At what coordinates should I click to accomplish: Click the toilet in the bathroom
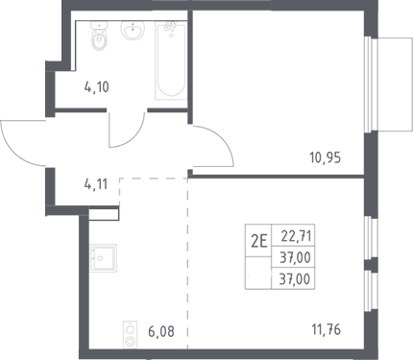(x=99, y=36)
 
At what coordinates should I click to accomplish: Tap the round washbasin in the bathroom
(x=134, y=30)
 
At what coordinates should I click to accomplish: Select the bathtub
(x=171, y=60)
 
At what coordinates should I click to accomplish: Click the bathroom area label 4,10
(x=97, y=87)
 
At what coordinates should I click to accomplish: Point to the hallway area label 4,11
(x=96, y=184)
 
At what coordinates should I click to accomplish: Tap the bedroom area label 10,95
(x=325, y=157)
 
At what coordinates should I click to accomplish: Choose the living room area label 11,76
(x=327, y=329)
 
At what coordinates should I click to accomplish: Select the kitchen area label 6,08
(x=161, y=332)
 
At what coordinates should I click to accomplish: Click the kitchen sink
(x=103, y=258)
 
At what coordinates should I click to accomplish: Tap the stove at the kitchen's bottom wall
(x=130, y=334)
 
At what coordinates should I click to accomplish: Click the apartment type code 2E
(x=258, y=242)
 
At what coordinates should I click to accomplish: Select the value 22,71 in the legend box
(x=296, y=237)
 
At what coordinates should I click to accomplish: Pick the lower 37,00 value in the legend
(x=295, y=279)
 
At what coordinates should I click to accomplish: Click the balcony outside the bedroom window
(x=395, y=84)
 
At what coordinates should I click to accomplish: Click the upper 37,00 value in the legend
(x=295, y=257)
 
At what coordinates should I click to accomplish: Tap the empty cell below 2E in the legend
(x=258, y=273)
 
